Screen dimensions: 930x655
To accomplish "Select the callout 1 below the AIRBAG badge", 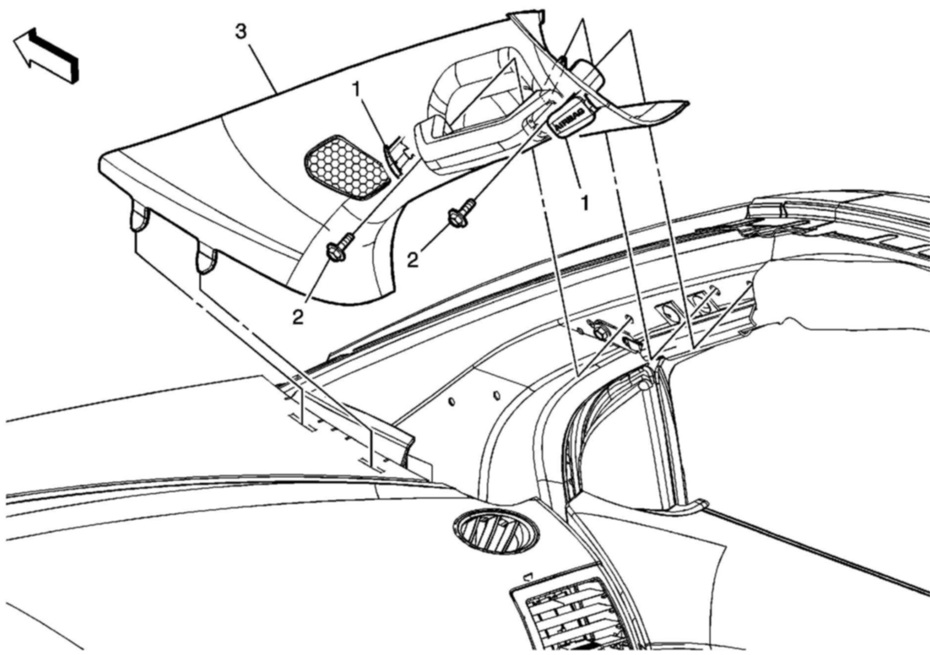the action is (585, 203).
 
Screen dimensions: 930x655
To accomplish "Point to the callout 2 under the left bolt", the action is (298, 316).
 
